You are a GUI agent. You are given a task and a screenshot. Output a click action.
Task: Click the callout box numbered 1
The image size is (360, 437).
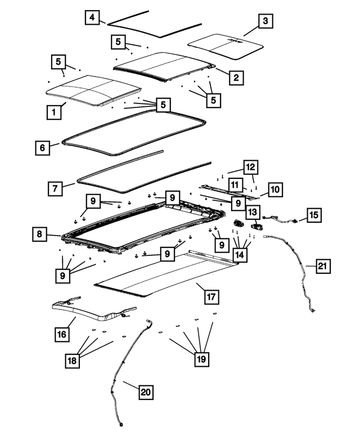[x=53, y=112]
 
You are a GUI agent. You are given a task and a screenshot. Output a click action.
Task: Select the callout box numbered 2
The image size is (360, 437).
[x=236, y=77]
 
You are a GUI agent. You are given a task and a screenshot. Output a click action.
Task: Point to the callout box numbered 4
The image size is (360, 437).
[x=93, y=18]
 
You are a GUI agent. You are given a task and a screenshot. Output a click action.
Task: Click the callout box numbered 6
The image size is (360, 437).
[x=42, y=148]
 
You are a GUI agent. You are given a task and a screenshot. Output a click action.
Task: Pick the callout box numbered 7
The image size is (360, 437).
[x=55, y=188]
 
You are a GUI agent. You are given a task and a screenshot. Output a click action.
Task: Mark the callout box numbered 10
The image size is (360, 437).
[x=274, y=190]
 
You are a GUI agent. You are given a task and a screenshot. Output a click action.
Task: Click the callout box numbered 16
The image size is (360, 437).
[x=61, y=334]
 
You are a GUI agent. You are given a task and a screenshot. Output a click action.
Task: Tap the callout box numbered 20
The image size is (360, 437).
[x=145, y=391]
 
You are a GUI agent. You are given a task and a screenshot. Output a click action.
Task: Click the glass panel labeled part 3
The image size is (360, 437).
[x=225, y=43]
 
